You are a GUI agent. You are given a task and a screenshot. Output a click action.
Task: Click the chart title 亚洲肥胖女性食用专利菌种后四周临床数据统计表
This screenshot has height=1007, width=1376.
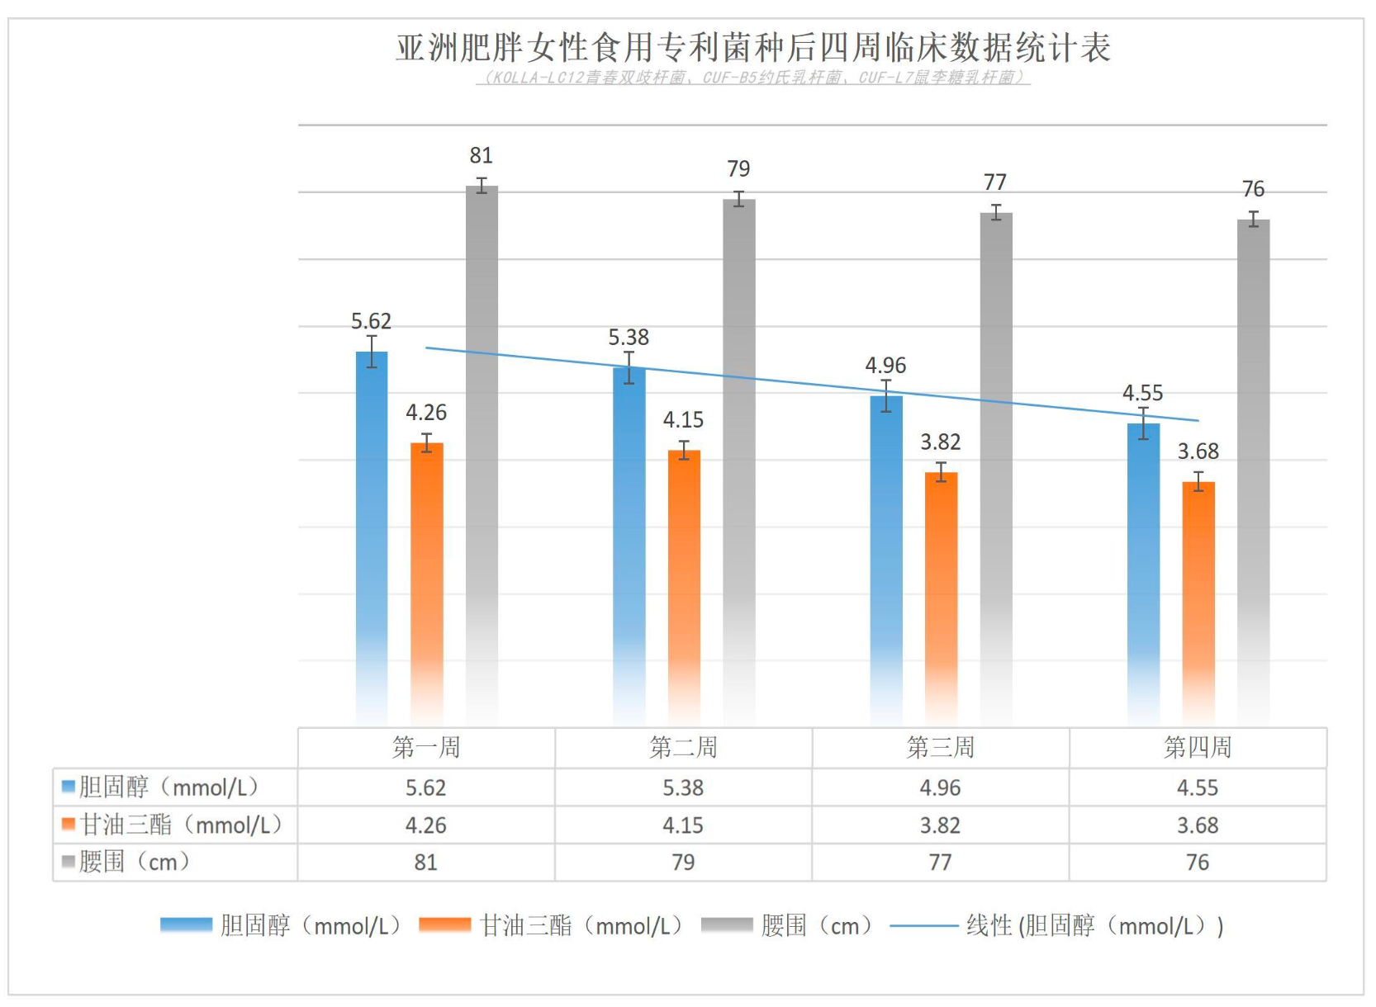pos(752,47)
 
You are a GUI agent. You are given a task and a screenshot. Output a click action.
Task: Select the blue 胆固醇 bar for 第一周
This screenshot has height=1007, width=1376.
pos(372,537)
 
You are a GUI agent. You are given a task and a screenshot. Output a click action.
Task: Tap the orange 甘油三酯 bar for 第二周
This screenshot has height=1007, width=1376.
pos(684,586)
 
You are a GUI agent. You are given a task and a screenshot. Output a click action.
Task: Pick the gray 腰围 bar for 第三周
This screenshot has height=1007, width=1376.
pos(996,462)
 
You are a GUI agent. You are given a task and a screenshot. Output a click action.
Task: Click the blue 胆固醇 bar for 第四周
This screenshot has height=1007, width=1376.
pos(1143,570)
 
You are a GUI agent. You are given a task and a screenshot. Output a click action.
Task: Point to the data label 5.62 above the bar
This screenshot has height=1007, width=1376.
pos(371,321)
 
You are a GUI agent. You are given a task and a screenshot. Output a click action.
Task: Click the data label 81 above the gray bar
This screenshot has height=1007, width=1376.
pos(481,155)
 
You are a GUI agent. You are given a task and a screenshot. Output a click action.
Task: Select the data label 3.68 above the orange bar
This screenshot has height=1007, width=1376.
pos(1198,451)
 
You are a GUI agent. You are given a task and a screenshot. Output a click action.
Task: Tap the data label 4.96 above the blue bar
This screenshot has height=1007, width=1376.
pos(885,365)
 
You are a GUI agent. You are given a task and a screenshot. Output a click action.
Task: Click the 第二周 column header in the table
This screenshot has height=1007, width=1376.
pos(683,748)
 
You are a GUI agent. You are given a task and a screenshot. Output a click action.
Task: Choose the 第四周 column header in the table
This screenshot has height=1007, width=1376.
pos(1198,748)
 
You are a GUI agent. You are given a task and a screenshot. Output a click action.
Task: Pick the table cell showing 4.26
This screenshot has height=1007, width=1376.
pos(425,825)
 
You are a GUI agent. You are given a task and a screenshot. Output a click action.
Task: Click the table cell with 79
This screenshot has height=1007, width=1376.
pos(683,862)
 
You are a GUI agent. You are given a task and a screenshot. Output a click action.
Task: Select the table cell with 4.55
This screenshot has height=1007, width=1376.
pos(1198,787)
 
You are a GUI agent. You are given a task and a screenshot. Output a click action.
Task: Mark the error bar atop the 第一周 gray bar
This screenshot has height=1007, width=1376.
pos(482,185)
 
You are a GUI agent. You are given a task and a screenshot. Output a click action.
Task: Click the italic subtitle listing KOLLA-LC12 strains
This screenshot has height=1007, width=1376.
pos(752,78)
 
